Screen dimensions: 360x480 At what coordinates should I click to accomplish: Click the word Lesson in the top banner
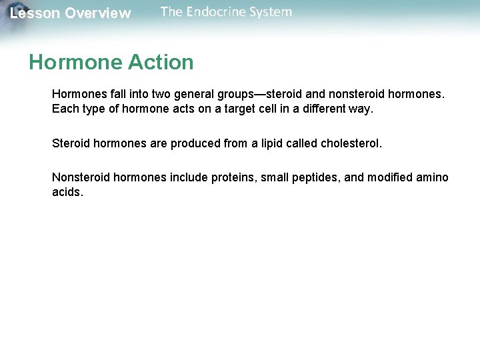[34, 13]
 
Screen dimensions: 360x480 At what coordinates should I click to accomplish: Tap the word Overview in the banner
[98, 13]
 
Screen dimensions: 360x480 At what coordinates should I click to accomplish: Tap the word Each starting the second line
[65, 108]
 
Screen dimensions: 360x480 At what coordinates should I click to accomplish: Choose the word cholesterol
[351, 143]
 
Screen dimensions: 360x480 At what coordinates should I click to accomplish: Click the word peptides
[313, 177]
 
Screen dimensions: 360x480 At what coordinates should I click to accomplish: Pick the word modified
[390, 177]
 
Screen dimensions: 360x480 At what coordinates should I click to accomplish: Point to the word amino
[433, 177]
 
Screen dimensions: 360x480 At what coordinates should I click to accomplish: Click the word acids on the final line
[67, 192]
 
